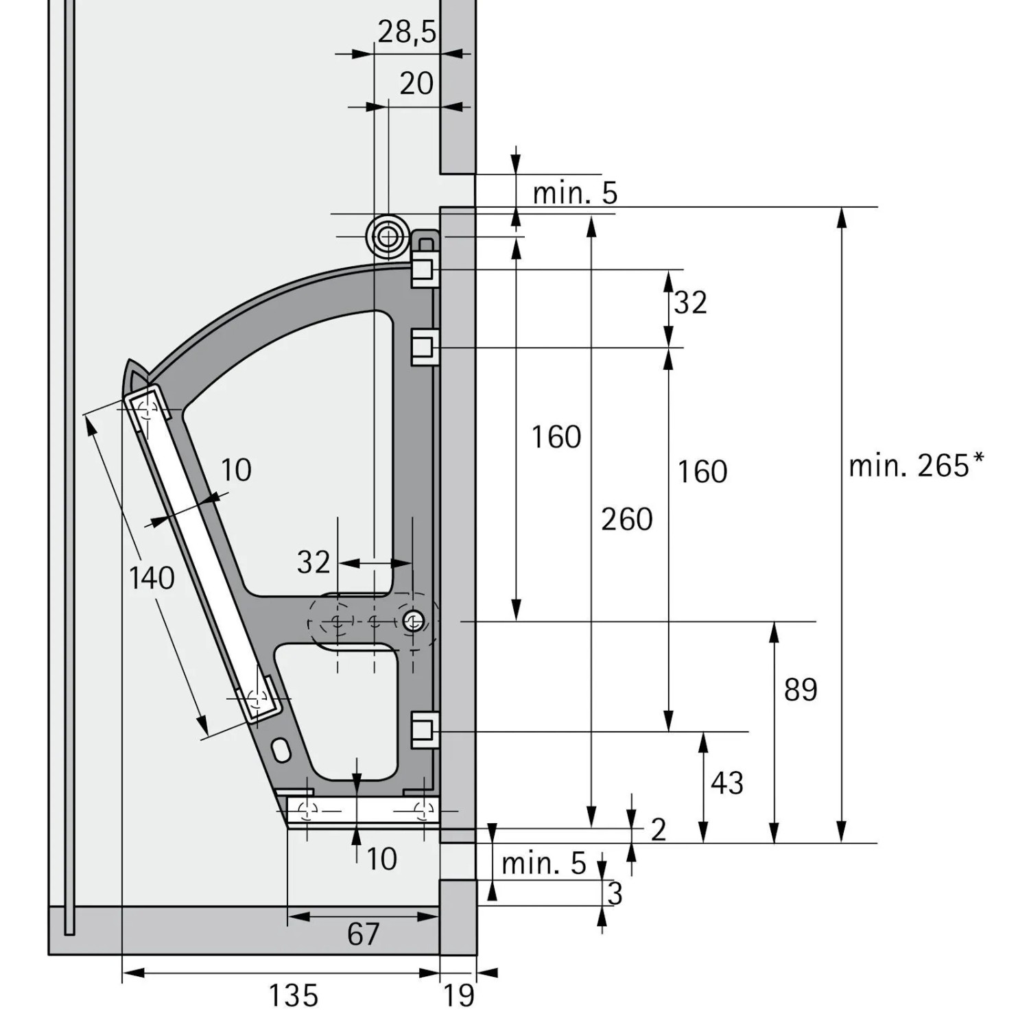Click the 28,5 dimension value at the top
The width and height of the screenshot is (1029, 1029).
pos(407,32)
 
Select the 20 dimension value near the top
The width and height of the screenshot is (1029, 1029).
pos(416,84)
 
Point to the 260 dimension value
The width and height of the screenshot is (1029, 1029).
pos(627,519)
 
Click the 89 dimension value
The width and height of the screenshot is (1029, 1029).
pos(801,689)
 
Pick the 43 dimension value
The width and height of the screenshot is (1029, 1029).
pos(727,783)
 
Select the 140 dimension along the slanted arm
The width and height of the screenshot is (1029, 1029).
pos(152,578)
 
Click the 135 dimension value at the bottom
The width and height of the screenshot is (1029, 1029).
pos(293,995)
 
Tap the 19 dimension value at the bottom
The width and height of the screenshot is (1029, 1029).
pos(458,995)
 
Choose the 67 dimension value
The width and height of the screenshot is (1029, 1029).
pos(363,934)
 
